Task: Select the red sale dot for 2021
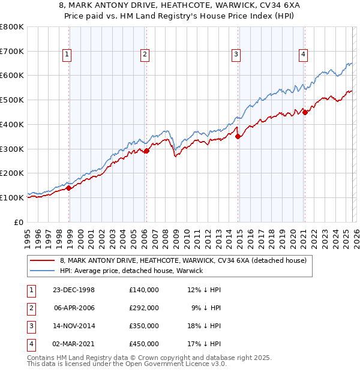(x=305, y=112)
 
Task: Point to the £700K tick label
(x=12, y=52)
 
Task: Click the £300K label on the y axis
(x=12, y=149)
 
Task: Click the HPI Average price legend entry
(x=131, y=271)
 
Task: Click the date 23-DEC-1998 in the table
(x=73, y=290)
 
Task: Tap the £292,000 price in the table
(x=143, y=308)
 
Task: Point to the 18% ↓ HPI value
(x=203, y=326)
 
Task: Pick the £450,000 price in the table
(x=143, y=344)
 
